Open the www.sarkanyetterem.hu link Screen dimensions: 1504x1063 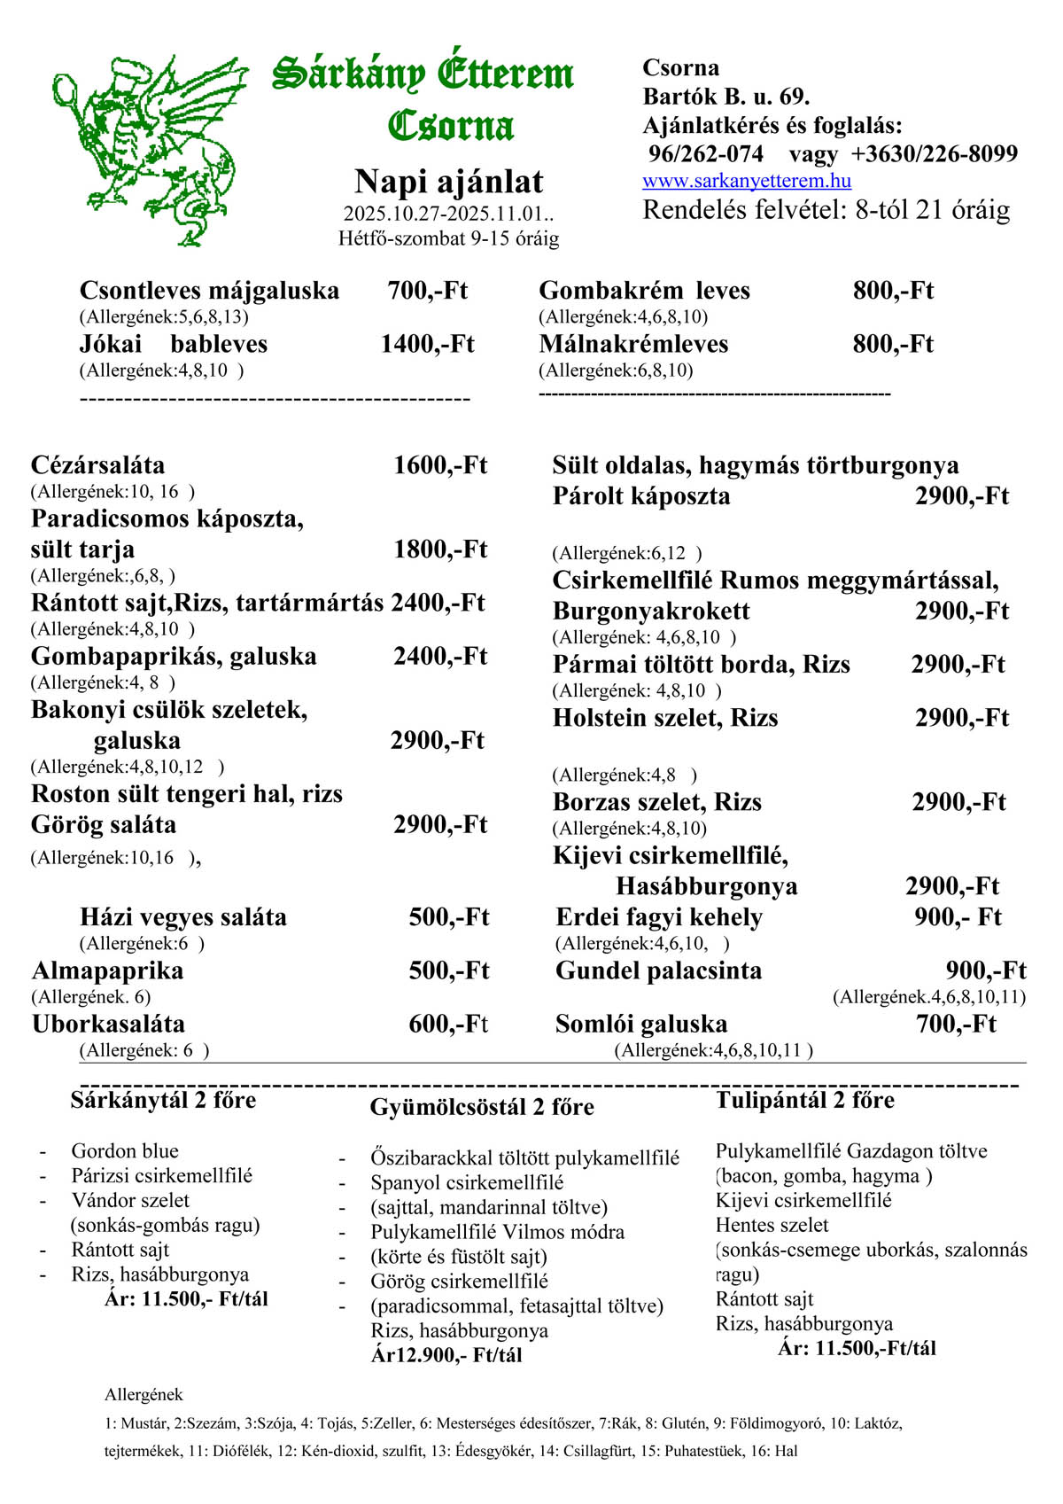pos(747,181)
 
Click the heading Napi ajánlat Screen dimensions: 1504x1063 pos(448,182)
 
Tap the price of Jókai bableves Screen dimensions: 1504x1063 pos(427,344)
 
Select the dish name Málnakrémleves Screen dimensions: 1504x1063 pos(633,344)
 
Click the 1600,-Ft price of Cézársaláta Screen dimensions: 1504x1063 pos(440,465)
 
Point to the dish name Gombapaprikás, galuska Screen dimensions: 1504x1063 pos(174,657)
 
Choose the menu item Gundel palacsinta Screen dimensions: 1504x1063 pos(658,970)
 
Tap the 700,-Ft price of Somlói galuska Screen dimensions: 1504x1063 pos(956,1025)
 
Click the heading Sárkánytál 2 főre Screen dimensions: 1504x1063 pos(163,1100)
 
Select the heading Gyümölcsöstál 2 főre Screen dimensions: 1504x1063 pos(482,1107)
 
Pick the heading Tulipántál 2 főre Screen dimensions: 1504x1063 pos(805,1100)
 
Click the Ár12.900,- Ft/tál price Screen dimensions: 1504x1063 pos(446,1355)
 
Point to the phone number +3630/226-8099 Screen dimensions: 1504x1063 pos(935,154)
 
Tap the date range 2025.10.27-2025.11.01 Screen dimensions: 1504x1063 pos(448,214)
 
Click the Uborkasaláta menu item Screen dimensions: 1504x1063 pos(108,1025)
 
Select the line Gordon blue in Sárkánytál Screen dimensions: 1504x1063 pos(125,1151)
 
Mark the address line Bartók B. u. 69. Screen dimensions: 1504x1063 pos(726,96)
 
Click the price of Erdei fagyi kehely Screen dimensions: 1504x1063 pos(958,917)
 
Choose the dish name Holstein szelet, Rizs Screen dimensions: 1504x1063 pos(665,718)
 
